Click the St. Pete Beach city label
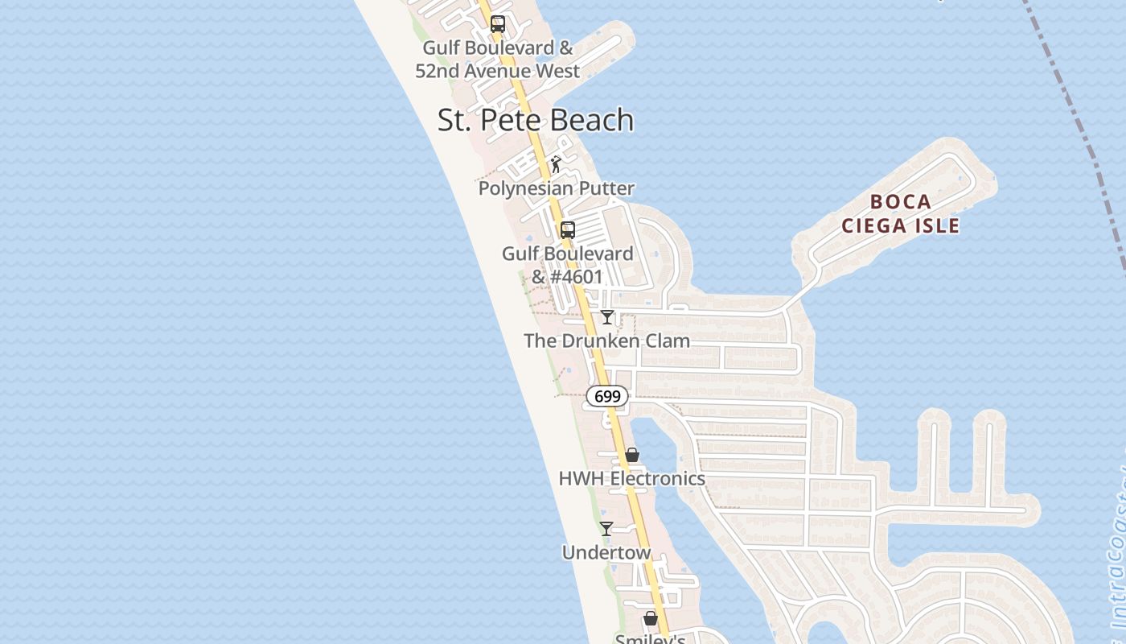[x=536, y=120]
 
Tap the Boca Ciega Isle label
[x=900, y=213]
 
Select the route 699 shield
[x=607, y=396]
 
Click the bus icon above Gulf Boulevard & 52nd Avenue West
[x=498, y=24]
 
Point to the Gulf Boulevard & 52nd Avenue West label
[x=497, y=60]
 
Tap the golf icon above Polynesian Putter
[x=556, y=165]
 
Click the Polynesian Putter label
[x=557, y=188]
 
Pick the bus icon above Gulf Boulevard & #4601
[x=568, y=230]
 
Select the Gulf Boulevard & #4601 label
[x=567, y=265]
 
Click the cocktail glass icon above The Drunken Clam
[x=607, y=317]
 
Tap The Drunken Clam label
[x=606, y=341]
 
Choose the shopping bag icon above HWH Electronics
[x=632, y=456]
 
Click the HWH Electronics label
[x=631, y=478]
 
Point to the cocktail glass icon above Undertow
[x=606, y=529]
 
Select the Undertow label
[x=606, y=552]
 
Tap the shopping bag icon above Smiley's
[x=651, y=618]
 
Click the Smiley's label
[x=650, y=638]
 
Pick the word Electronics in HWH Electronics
[x=657, y=478]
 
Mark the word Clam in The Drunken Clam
[x=668, y=341]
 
